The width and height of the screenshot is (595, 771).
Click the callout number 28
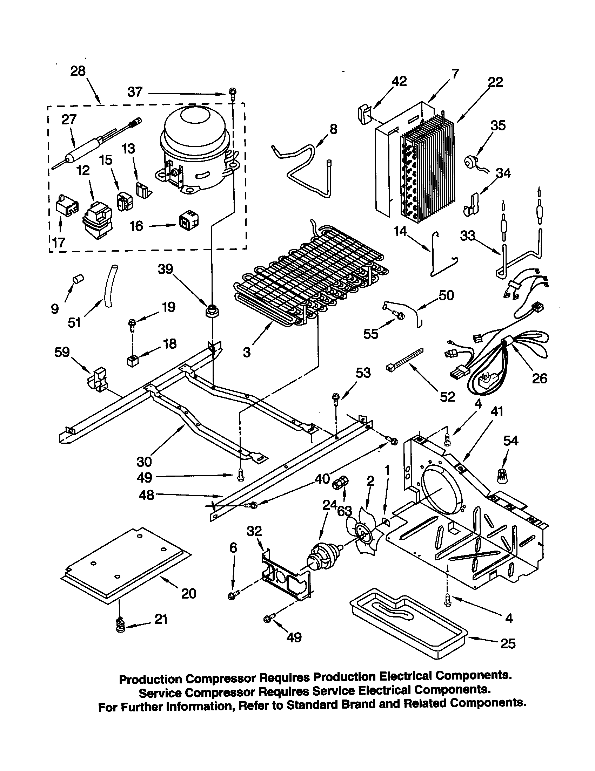pyautogui.click(x=78, y=71)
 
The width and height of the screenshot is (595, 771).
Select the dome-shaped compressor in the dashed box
pyautogui.click(x=194, y=150)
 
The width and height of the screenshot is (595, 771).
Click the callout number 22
pyautogui.click(x=495, y=82)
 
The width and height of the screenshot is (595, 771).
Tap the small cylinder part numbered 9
pyautogui.click(x=78, y=279)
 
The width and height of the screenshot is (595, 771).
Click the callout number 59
pyautogui.click(x=62, y=352)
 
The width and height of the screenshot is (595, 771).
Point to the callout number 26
pyautogui.click(x=539, y=378)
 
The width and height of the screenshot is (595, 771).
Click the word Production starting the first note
pyautogui.click(x=150, y=679)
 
